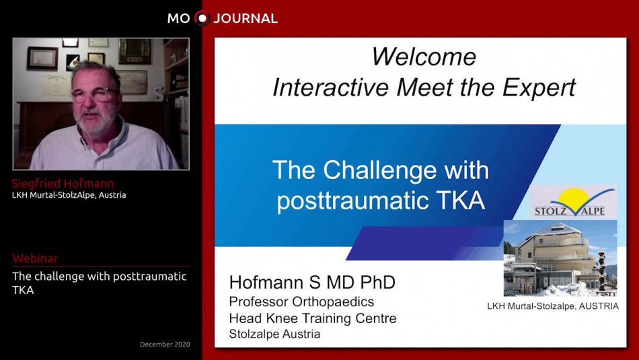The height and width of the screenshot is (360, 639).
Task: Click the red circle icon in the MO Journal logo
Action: (x=202, y=18)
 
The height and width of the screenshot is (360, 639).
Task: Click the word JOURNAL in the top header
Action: (x=246, y=18)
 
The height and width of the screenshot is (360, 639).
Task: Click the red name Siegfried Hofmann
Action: (x=63, y=183)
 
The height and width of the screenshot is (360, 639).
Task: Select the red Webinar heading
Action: (x=35, y=258)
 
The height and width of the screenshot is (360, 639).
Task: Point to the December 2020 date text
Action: (x=165, y=345)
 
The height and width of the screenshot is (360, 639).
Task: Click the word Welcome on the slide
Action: (x=424, y=57)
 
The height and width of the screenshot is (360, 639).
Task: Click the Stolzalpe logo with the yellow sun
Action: (x=572, y=202)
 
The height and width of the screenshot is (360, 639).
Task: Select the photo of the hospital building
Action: (x=560, y=258)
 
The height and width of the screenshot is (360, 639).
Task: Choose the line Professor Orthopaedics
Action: (x=301, y=301)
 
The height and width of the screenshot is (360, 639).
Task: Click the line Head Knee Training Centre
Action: (x=313, y=318)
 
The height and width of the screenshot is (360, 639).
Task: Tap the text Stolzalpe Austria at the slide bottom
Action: (x=274, y=334)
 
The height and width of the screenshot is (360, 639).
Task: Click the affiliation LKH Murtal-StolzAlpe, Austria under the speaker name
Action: (x=69, y=195)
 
